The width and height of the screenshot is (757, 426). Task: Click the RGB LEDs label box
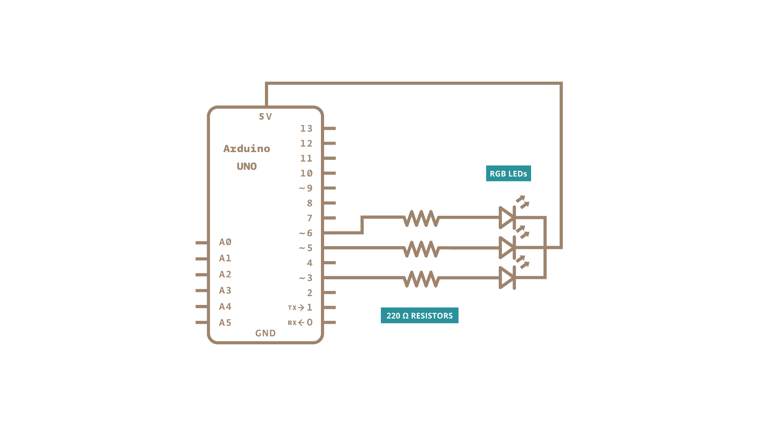[508, 174]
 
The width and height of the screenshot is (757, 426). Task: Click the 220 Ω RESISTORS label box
[420, 316]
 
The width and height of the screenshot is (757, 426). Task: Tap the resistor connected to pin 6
[421, 218]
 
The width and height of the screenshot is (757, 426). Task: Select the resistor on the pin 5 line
[421, 249]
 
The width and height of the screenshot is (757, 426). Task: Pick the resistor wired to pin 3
[421, 279]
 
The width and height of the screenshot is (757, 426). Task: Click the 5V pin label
[265, 117]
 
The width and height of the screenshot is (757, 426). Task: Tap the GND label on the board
[265, 333]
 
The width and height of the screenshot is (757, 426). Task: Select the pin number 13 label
[306, 129]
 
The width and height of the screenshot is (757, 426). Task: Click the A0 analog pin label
[225, 242]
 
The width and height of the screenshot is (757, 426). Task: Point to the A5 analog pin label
[225, 323]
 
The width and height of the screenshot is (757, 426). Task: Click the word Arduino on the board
[247, 149]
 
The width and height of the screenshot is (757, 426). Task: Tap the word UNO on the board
[247, 166]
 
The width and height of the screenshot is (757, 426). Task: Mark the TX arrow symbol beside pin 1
[301, 308]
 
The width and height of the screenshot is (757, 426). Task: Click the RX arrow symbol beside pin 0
[301, 323]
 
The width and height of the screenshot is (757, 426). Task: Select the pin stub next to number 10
[329, 173]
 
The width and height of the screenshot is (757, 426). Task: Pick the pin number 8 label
[310, 203]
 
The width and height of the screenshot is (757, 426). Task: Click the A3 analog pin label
[225, 290]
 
